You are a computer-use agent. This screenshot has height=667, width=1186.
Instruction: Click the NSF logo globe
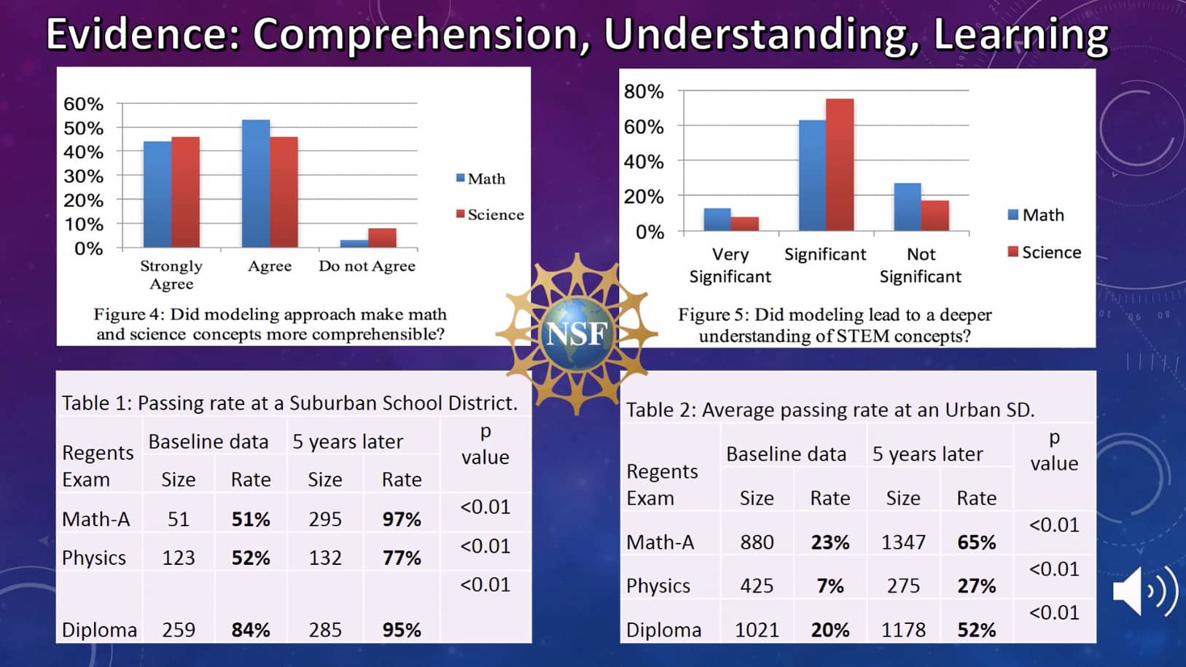[x=577, y=333]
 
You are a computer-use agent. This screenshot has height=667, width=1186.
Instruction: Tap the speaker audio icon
[x=1144, y=591]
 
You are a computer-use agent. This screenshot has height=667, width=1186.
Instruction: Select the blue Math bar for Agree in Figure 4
[x=256, y=184]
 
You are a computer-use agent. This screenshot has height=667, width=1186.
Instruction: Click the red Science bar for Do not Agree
[x=382, y=238]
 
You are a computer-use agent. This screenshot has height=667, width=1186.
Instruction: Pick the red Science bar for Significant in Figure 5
[x=840, y=165]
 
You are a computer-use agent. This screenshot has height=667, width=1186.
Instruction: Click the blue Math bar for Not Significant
[x=908, y=207]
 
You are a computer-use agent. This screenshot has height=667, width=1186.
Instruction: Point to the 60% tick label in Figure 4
[x=83, y=104]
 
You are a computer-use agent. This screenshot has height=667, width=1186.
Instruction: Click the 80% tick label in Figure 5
[x=644, y=92]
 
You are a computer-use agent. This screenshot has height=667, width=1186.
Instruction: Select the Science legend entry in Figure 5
[x=1044, y=252]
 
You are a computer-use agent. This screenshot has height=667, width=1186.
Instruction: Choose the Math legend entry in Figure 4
[x=480, y=179]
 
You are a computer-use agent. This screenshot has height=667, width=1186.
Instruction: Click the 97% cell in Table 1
[x=402, y=519]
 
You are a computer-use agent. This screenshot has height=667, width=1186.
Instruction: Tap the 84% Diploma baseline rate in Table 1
[x=251, y=630]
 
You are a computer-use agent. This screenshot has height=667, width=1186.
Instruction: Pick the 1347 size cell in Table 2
[x=903, y=542]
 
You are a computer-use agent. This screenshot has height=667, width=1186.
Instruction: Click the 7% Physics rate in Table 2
[x=830, y=586]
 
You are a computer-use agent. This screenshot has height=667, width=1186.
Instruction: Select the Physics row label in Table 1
[x=94, y=558]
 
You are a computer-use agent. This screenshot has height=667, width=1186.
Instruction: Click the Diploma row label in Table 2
[x=663, y=630]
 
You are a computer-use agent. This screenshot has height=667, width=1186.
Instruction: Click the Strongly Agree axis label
[x=171, y=275]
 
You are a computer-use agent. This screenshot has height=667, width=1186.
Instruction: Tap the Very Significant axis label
[x=730, y=265]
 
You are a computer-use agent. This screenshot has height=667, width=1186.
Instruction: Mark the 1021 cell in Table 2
[x=757, y=630]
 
